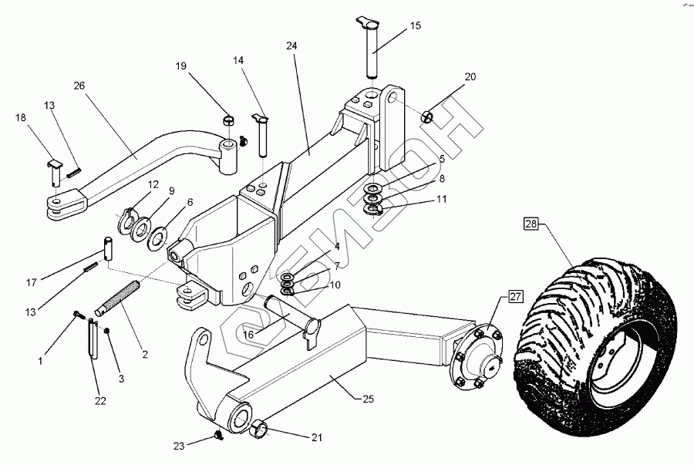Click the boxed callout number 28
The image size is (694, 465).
click(531, 225)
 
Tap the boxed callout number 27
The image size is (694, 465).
click(515, 294)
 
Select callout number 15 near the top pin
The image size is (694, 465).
click(415, 26)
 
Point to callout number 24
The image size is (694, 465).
click(291, 46)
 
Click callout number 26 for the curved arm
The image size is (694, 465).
click(80, 86)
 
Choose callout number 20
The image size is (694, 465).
click(470, 77)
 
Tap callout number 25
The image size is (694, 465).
click(368, 398)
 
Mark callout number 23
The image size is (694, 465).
click(180, 445)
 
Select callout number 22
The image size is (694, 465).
click(100, 400)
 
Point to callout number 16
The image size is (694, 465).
click(249, 333)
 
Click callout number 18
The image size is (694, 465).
click(20, 117)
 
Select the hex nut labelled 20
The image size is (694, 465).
click(428, 116)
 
